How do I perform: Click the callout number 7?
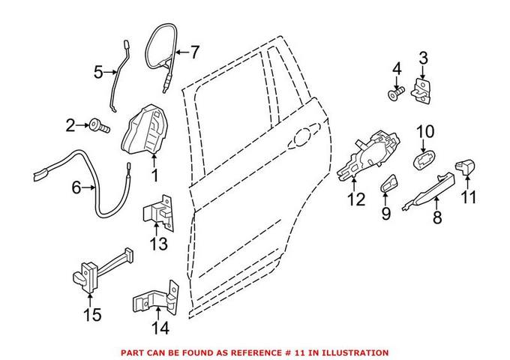pyautogui.click(x=194, y=52)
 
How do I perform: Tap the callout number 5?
pyautogui.click(x=97, y=73)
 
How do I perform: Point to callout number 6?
pyautogui.click(x=76, y=187)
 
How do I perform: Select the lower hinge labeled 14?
pyautogui.click(x=157, y=304)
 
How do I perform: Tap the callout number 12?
pyautogui.click(x=356, y=201)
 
